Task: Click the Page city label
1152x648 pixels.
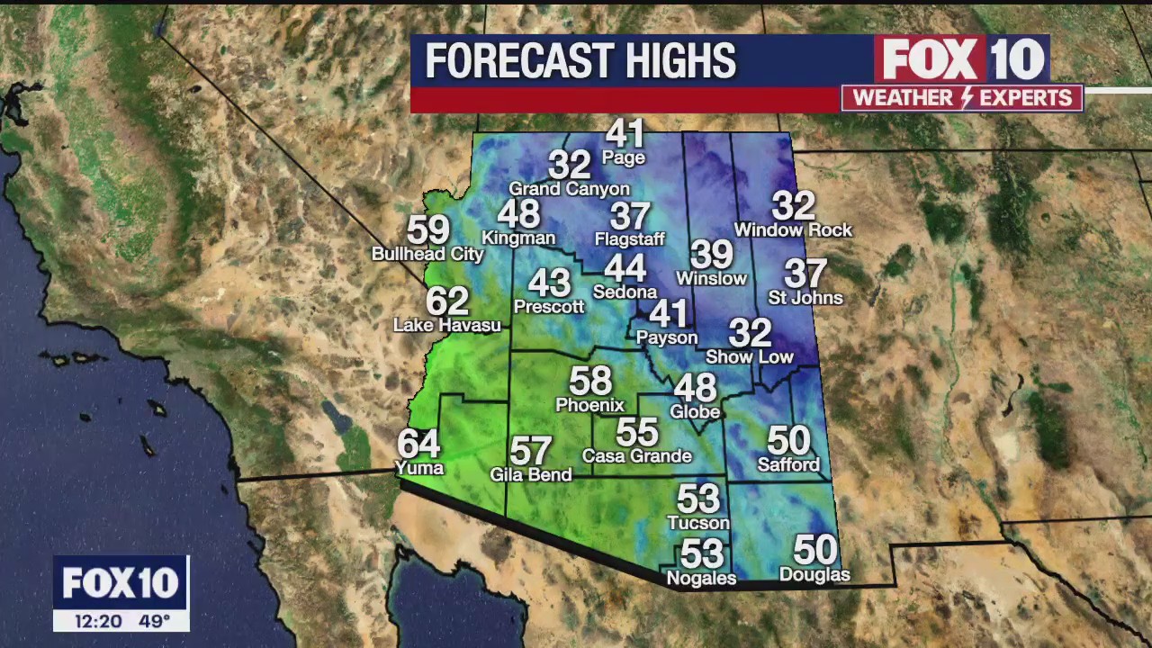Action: [x=624, y=158]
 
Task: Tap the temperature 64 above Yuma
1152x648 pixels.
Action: [x=418, y=443]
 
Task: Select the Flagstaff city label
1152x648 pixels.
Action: [x=630, y=239]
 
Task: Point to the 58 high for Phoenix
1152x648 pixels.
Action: [x=590, y=381]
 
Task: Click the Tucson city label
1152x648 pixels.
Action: [x=698, y=523]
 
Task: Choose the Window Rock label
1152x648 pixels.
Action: [x=793, y=230]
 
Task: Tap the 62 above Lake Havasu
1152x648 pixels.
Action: [x=447, y=301]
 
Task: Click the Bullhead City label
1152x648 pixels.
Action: [x=427, y=255]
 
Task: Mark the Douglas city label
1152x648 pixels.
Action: [x=814, y=575]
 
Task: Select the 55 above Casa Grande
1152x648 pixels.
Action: [x=637, y=432]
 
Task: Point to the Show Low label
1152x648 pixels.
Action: [x=750, y=357]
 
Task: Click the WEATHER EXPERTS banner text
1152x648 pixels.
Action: [x=962, y=98]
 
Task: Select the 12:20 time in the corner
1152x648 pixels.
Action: [x=93, y=621]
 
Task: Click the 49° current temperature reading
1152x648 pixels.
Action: [x=155, y=621]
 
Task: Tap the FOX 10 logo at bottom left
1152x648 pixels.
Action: [x=121, y=583]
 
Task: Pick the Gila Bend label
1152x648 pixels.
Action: [x=531, y=474]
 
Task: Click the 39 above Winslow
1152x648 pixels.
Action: [x=711, y=255]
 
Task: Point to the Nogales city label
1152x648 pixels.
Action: [x=702, y=579]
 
